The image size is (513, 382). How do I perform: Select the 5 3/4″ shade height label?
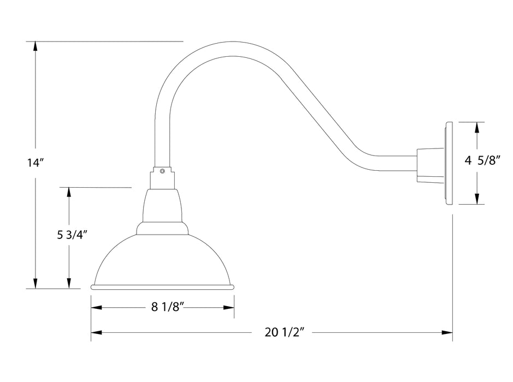click(x=73, y=235)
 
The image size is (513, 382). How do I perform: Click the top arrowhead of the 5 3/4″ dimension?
click(x=69, y=193)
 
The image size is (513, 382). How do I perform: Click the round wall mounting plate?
click(x=449, y=163)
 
